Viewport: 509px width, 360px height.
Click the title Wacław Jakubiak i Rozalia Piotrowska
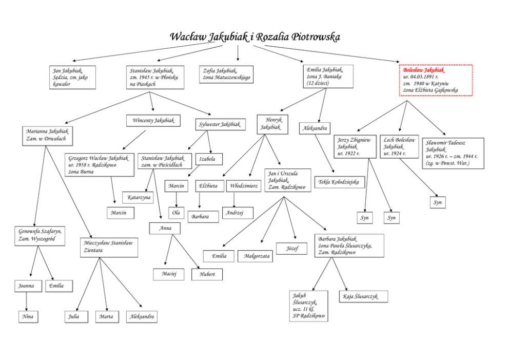pyautogui.click(x=254, y=37)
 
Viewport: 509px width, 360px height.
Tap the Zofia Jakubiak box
pyautogui.click(x=226, y=74)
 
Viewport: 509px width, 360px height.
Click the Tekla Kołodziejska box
pyautogui.click(x=339, y=182)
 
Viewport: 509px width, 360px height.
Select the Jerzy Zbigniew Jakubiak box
pyautogui.click(x=355, y=146)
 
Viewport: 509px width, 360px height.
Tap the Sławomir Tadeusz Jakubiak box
pyautogui.click(x=453, y=153)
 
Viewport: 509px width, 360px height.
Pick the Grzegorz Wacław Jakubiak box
pyautogui.click(x=100, y=164)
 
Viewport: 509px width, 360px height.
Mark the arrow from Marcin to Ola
pyautogui.click(x=177, y=199)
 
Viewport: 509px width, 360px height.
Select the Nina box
pyautogui.click(x=28, y=316)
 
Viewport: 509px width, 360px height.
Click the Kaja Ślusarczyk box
pyautogui.click(x=363, y=296)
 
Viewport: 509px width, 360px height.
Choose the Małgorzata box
pyautogui.click(x=255, y=256)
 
